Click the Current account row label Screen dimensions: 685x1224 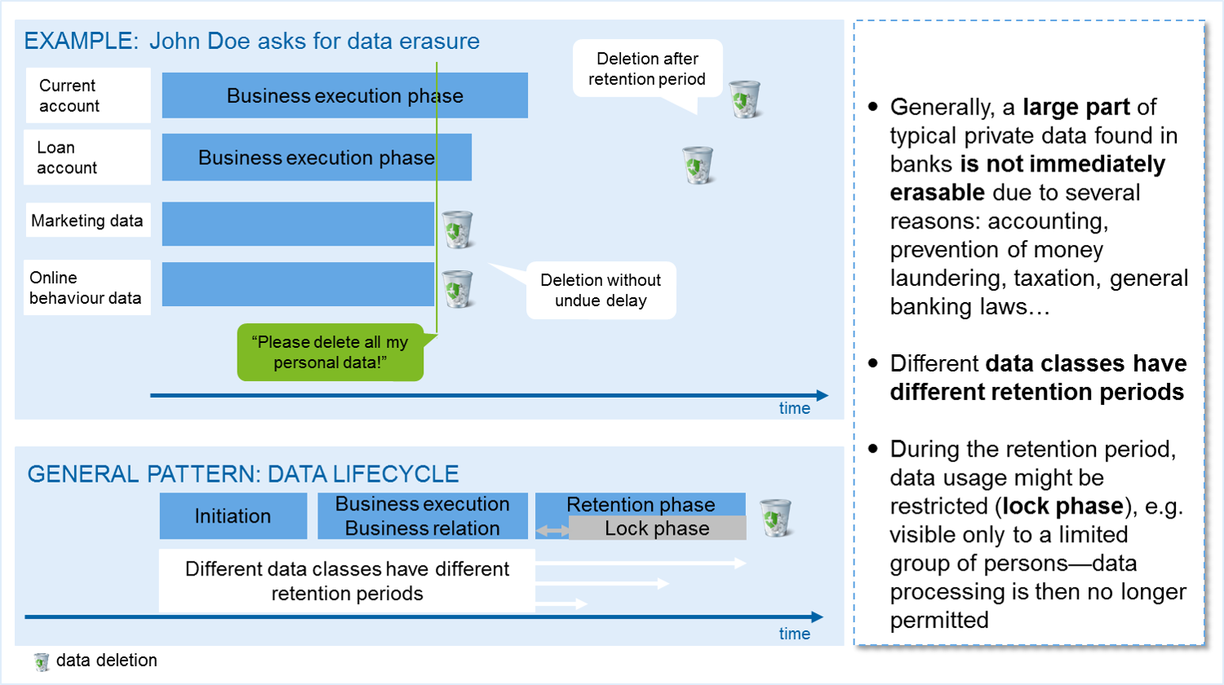click(x=87, y=96)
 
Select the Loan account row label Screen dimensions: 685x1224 click(x=87, y=158)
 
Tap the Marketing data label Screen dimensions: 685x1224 click(x=87, y=220)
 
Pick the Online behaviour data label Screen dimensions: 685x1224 click(x=86, y=287)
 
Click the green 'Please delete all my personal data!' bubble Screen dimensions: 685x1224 click(x=330, y=353)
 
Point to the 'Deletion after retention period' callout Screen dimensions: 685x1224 click(x=647, y=69)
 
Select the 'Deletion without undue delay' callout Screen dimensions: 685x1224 click(x=601, y=290)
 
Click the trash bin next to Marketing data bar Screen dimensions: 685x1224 click(x=457, y=229)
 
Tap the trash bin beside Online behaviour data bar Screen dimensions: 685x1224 click(x=457, y=288)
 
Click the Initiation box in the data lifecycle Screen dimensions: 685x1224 click(x=233, y=516)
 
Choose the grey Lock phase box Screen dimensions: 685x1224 click(x=657, y=528)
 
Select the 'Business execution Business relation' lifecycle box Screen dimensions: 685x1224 click(x=422, y=516)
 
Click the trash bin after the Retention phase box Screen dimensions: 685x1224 click(x=775, y=518)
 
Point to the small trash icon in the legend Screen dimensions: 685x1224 click(x=42, y=661)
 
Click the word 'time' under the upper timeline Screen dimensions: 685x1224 click(x=794, y=408)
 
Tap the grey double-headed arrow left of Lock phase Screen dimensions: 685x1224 click(x=552, y=532)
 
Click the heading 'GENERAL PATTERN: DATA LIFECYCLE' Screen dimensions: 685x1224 click(x=243, y=474)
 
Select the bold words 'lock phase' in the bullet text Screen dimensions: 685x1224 click(x=1063, y=506)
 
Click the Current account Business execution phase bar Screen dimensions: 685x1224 click(x=344, y=96)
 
